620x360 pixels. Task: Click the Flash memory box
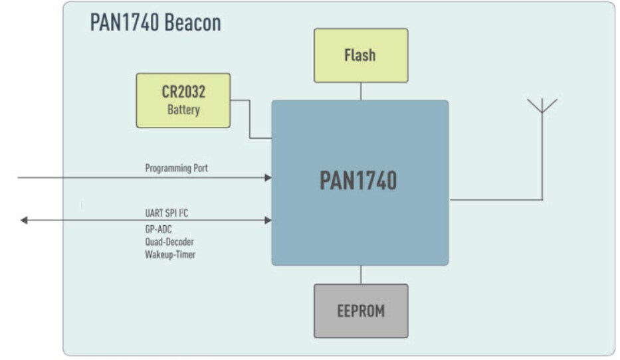click(360, 56)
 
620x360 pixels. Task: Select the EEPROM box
click(361, 311)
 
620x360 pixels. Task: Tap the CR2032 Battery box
click(183, 100)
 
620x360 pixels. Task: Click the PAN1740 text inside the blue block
click(358, 181)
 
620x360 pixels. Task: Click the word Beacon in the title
click(192, 23)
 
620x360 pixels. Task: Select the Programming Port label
click(176, 169)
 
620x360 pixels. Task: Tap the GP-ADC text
click(159, 230)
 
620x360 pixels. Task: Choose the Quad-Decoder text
click(169, 242)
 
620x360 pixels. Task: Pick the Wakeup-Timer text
click(170, 254)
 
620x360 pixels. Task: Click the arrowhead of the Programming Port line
click(268, 177)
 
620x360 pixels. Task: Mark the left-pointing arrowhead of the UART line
click(24, 220)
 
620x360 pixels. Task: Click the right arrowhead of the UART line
click(268, 220)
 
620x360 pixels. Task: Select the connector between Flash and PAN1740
click(361, 91)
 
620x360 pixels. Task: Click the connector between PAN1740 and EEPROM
click(361, 274)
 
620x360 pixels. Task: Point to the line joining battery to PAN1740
click(250, 120)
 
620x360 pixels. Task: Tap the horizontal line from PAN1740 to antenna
click(495, 200)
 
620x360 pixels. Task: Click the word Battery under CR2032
click(183, 110)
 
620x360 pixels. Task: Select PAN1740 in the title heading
click(123, 23)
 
